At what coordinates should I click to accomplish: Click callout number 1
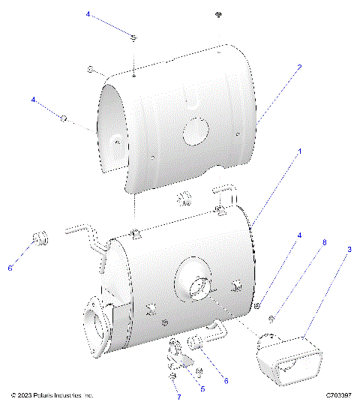tap(300, 151)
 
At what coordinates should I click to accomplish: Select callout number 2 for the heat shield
tap(298, 67)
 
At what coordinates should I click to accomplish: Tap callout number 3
tap(348, 247)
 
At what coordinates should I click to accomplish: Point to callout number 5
tap(202, 389)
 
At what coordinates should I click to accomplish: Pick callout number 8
tap(324, 242)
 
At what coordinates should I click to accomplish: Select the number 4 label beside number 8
tap(299, 235)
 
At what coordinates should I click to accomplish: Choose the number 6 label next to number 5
tap(225, 380)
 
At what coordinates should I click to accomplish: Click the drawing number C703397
tap(340, 394)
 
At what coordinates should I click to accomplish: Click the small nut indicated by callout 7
tap(172, 375)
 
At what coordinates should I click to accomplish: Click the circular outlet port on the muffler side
tap(196, 286)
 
